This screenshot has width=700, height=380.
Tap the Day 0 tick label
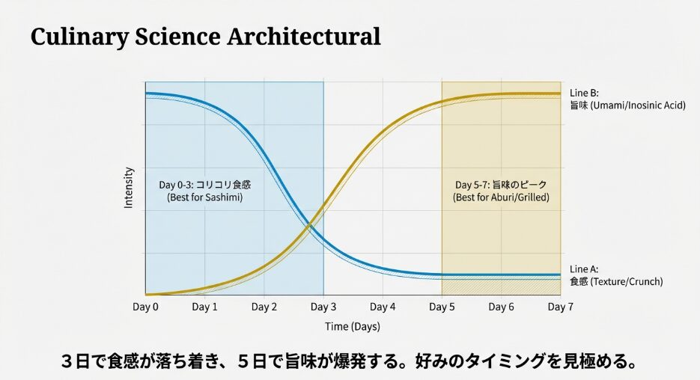145,307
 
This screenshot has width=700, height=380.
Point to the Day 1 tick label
204,307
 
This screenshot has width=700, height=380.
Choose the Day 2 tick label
264,307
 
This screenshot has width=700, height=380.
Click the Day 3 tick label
323,307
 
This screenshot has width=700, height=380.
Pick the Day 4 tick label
383,307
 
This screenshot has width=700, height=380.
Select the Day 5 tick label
442,307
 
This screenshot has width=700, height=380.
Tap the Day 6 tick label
501,307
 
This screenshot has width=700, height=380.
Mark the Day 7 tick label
560,307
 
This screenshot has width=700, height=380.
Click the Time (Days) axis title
353,326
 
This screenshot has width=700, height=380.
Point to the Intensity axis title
129,187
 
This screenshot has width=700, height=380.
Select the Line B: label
584,93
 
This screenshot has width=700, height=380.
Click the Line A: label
584,269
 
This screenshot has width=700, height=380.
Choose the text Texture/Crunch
627,282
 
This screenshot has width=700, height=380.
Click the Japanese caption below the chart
349,361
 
